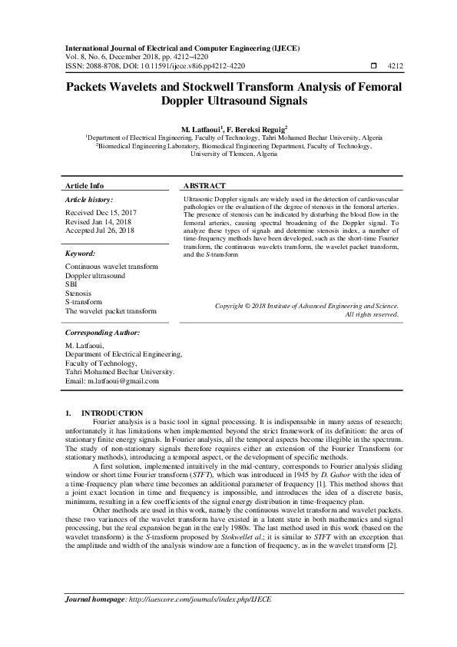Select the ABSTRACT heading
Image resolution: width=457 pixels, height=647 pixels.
[205, 187]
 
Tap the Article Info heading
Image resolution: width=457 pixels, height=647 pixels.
[84, 187]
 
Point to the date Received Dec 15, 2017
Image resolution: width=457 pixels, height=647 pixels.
[101, 211]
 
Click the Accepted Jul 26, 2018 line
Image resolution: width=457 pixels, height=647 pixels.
[100, 230]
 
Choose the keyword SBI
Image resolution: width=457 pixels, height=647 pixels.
[71, 284]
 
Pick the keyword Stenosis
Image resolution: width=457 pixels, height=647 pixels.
[78, 294]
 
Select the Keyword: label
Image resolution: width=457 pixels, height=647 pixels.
[81, 253]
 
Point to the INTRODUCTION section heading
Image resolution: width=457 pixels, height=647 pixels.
[112, 413]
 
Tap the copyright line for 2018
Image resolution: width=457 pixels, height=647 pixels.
[306, 306]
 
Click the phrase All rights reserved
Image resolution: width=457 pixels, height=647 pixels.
[372, 314]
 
